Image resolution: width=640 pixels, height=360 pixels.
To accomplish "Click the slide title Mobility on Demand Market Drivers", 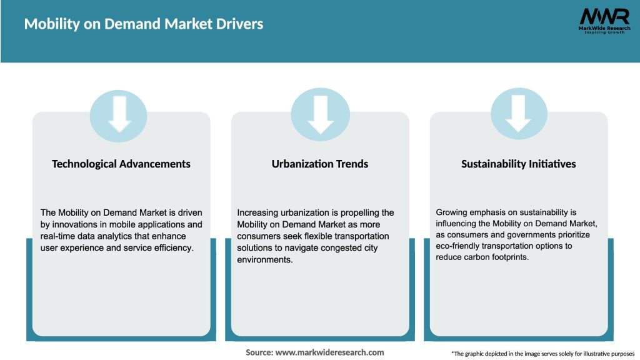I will (x=144, y=24).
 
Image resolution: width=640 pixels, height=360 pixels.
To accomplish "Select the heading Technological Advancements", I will (x=121, y=164).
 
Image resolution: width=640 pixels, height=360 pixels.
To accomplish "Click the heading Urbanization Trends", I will (x=320, y=164).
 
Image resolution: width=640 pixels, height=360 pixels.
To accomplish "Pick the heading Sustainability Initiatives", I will (x=519, y=164).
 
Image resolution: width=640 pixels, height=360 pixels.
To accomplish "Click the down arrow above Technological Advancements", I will (x=119, y=115).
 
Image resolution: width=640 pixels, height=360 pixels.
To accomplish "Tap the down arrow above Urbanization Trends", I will (x=320, y=115).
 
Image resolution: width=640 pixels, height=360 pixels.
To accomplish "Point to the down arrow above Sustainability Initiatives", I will (x=519, y=115).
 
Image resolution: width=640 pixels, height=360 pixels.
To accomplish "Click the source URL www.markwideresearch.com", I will (x=329, y=352).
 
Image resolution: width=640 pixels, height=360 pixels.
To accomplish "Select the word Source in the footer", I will (x=259, y=352).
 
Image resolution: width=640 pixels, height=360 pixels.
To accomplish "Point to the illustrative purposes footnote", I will (x=542, y=354).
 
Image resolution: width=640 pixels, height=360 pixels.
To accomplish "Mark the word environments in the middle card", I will (x=265, y=260).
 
